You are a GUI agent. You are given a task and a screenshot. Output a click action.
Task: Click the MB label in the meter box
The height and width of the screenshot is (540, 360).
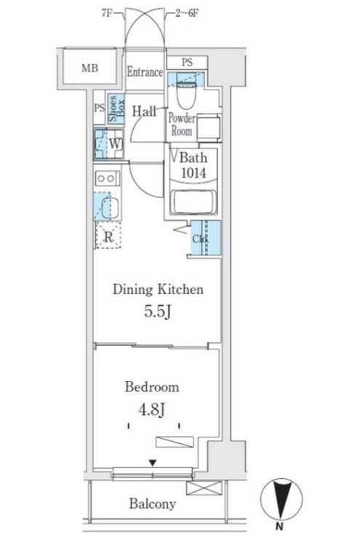pyautogui.click(x=89, y=68)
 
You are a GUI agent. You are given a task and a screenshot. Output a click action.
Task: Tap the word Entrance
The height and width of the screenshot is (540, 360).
pyautogui.click(x=145, y=72)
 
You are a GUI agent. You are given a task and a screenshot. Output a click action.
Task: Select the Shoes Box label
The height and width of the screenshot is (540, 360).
pyautogui.click(x=116, y=109)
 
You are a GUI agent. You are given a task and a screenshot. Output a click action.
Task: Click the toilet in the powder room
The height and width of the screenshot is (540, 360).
pyautogui.click(x=186, y=91)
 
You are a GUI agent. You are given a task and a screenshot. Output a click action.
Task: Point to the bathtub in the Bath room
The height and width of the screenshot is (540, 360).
pyautogui.click(x=193, y=203)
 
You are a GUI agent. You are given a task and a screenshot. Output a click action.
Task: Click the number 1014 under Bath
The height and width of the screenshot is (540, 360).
pyautogui.click(x=193, y=173)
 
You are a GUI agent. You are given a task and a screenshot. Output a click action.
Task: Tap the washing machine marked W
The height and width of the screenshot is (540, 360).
pyautogui.click(x=109, y=143)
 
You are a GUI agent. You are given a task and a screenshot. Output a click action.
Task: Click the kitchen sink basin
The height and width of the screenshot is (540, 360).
pyautogui.click(x=111, y=207)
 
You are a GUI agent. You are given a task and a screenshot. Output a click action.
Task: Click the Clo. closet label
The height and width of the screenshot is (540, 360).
pyautogui.click(x=199, y=239)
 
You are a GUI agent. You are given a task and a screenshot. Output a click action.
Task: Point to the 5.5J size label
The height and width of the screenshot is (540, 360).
pyautogui.click(x=158, y=311)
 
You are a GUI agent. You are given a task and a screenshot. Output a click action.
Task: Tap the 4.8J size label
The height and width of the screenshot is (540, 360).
pyautogui.click(x=151, y=410)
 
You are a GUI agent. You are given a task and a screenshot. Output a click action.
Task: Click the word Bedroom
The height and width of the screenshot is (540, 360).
pyautogui.click(x=152, y=386)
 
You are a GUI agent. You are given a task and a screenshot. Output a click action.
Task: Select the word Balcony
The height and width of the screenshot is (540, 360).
pyautogui.click(x=153, y=504)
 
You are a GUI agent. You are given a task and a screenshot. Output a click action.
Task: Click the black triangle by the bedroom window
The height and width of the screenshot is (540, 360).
pyautogui.click(x=153, y=463)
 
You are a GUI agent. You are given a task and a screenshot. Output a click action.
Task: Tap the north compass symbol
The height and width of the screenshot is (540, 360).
pyautogui.click(x=281, y=499)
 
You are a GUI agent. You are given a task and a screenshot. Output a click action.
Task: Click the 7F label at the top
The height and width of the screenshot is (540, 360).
pyautogui.click(x=108, y=13)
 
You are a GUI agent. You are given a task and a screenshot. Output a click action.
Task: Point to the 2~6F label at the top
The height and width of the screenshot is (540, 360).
pyautogui.click(x=187, y=13)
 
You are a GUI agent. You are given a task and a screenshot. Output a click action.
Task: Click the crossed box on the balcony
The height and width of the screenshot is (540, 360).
pyautogui.click(x=204, y=488)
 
